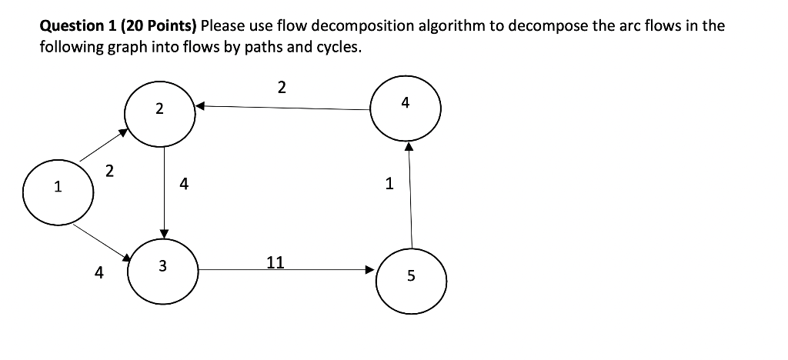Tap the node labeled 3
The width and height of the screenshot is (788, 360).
click(163, 267)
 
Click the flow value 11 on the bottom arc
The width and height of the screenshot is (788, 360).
click(275, 262)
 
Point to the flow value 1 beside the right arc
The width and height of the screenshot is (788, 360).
click(389, 184)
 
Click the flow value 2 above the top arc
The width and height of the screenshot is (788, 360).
click(281, 88)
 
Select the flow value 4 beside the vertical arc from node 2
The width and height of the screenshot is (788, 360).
click(183, 184)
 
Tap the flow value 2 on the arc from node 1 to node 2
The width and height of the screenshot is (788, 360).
click(109, 171)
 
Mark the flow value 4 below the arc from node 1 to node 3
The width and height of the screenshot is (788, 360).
click(98, 272)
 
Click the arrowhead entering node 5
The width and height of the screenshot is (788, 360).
click(369, 270)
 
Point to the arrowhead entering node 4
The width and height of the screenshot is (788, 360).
click(409, 144)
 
